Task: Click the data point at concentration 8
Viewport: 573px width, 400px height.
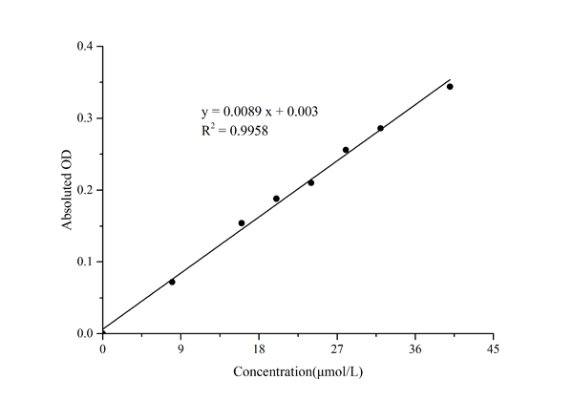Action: point(172,282)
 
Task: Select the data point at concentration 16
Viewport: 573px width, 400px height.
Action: point(242,222)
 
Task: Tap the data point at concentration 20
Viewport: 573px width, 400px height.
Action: point(276,199)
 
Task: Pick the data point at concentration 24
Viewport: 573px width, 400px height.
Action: point(311,182)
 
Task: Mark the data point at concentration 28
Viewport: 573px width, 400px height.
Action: point(346,150)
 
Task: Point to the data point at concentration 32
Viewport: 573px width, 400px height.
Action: point(380,128)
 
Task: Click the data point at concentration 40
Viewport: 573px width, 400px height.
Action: point(450,87)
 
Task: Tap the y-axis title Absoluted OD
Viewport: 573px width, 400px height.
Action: point(68,190)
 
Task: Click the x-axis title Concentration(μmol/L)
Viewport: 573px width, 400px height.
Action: point(297,370)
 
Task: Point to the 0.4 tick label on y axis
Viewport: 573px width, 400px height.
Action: point(85,47)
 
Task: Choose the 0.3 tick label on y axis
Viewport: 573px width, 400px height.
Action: point(85,118)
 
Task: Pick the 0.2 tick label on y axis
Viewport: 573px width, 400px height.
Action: point(85,190)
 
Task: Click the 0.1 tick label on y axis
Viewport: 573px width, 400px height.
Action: point(85,262)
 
